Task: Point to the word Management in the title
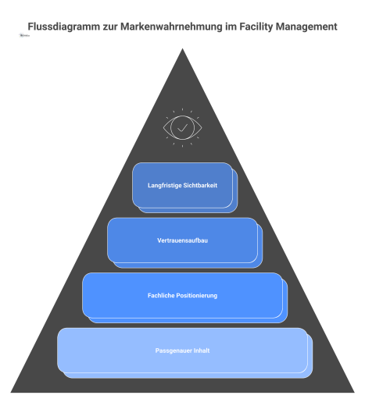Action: [309, 27]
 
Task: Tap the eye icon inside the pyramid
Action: [182, 126]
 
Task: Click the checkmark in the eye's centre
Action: [182, 126]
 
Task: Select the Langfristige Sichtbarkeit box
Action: [182, 186]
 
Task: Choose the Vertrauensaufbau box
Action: [182, 240]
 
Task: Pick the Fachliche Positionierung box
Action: [182, 295]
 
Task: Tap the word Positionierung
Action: [196, 295]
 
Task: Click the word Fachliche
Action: [161, 295]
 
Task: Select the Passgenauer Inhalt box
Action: [182, 351]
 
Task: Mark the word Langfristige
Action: [163, 186]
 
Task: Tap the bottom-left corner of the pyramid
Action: [12, 390]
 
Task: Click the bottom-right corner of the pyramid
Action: [353, 390]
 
